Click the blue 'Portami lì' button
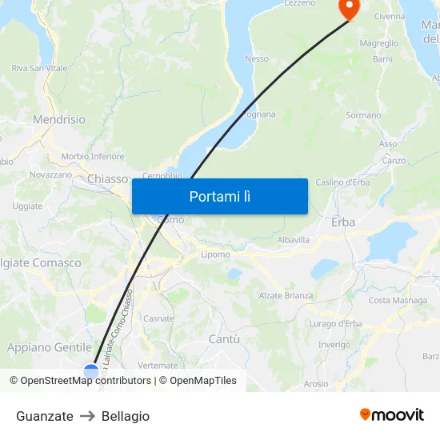pos(219,196)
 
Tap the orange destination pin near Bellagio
pos(350,8)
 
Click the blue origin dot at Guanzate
pos(91,370)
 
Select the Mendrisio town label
pos(59,119)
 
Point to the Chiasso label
pos(108,179)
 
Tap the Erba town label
pos(343,222)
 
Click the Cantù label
pos(224,339)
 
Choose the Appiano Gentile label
pos(50,347)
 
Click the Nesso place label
pos(257,58)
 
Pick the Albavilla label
pos(293,240)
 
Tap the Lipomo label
pos(215,254)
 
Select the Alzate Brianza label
pos(286,295)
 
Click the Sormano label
pos(363,115)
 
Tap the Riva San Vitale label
pos(39,69)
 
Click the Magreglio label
pos(379,43)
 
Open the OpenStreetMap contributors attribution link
pos(86,381)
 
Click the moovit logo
pos(392,414)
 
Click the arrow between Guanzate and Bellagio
pos(87,416)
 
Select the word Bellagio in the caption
pos(126,416)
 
